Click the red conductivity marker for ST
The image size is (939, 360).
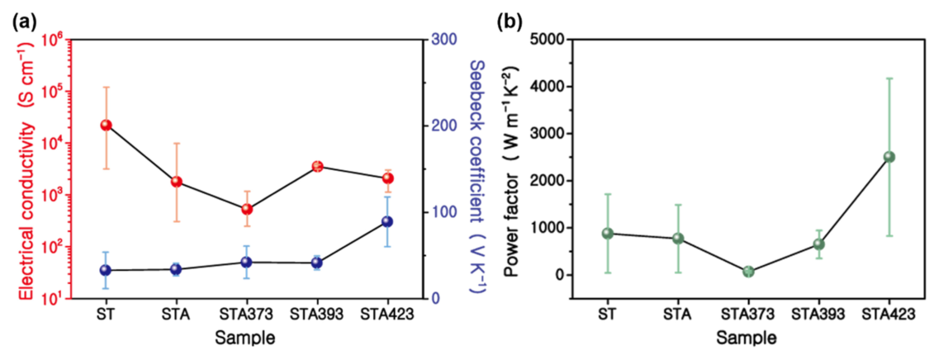pyautogui.click(x=106, y=125)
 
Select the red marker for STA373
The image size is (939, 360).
pyautogui.click(x=246, y=209)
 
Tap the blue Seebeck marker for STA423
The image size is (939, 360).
pyautogui.click(x=387, y=221)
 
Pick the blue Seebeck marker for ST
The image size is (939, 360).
pyautogui.click(x=106, y=270)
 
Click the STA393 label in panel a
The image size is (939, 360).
pyautogui.click(x=315, y=315)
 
